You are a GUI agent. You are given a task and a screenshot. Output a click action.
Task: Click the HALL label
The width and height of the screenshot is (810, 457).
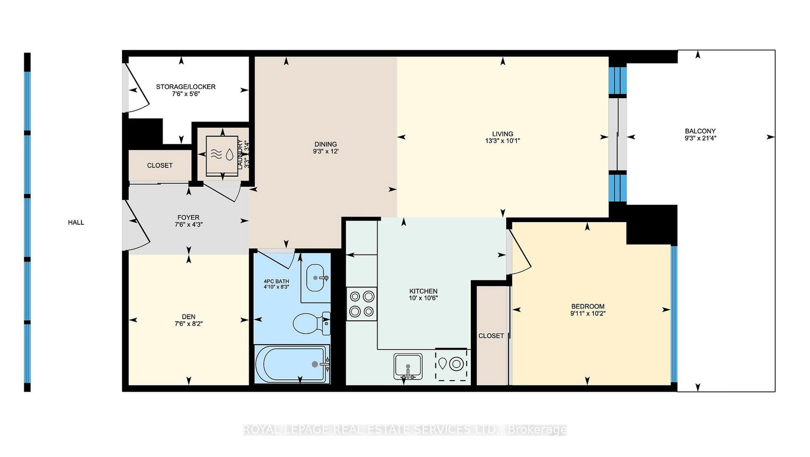(x=76, y=222)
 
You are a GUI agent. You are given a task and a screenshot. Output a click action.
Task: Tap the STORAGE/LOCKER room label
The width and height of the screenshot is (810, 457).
(x=186, y=87)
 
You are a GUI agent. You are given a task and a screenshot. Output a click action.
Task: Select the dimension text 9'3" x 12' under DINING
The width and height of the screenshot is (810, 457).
(x=326, y=151)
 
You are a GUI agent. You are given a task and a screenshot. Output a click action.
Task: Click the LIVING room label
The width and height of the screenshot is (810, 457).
(x=502, y=134)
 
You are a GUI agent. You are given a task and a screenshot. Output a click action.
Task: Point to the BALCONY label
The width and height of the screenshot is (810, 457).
(x=700, y=131)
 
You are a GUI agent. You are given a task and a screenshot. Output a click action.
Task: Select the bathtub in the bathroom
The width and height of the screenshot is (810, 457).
(x=292, y=364)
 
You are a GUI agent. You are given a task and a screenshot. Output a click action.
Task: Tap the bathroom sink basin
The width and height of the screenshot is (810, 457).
(x=316, y=278)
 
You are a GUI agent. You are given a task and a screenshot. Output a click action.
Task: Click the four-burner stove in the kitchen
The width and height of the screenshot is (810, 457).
(x=361, y=304)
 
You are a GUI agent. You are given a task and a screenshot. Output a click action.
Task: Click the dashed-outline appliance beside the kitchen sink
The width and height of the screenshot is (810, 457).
(x=452, y=364)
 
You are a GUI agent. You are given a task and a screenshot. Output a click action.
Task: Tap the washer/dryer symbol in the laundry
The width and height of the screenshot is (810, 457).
(x=222, y=155)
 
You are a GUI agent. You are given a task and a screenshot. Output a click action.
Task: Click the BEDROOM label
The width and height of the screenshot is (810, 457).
(x=588, y=306)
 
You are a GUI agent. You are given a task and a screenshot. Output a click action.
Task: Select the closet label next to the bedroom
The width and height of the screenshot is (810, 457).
(x=491, y=336)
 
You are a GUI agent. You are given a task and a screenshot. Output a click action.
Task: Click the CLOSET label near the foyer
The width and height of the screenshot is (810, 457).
(x=160, y=165)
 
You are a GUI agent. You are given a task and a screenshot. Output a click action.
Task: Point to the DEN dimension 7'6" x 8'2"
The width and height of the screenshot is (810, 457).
(x=188, y=324)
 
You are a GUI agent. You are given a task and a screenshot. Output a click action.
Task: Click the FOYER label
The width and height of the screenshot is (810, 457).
(x=188, y=218)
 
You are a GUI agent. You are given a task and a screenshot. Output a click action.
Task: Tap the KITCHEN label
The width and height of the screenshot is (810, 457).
(x=423, y=291)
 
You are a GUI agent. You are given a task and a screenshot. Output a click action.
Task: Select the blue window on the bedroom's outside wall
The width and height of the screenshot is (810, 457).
(x=674, y=314)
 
